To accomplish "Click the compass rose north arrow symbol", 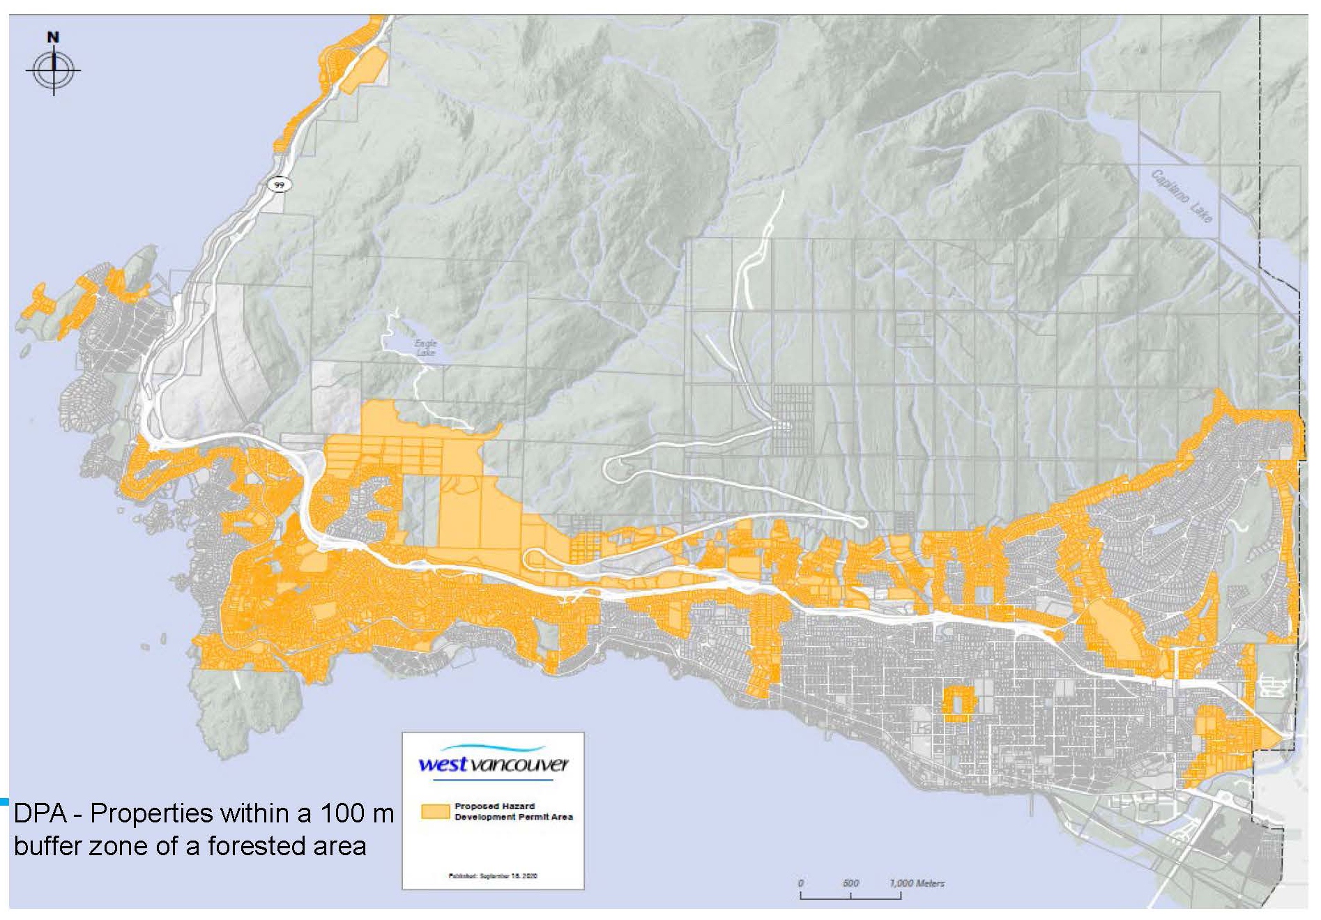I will click(x=54, y=70).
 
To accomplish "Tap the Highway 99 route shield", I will click(x=279, y=185).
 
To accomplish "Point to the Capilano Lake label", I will click(x=1182, y=196).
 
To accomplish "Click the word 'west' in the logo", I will click(x=442, y=765).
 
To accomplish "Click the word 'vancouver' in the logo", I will click(x=519, y=765).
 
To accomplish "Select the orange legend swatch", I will click(x=435, y=811).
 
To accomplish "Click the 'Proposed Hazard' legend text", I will click(x=494, y=806).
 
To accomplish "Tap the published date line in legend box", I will click(x=493, y=876).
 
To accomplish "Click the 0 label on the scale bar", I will click(x=801, y=883).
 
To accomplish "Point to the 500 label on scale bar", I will click(x=850, y=883).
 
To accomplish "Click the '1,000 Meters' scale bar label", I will click(x=917, y=883).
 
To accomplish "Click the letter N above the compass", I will click(x=53, y=38).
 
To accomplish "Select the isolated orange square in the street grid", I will click(x=958, y=703).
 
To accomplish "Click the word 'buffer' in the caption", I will click(x=47, y=845).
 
